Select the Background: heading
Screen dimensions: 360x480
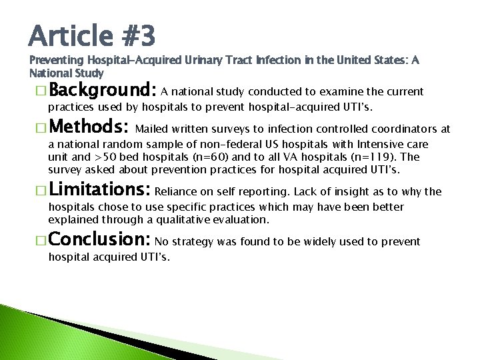tap(102, 90)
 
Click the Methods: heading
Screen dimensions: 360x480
tap(89, 127)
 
